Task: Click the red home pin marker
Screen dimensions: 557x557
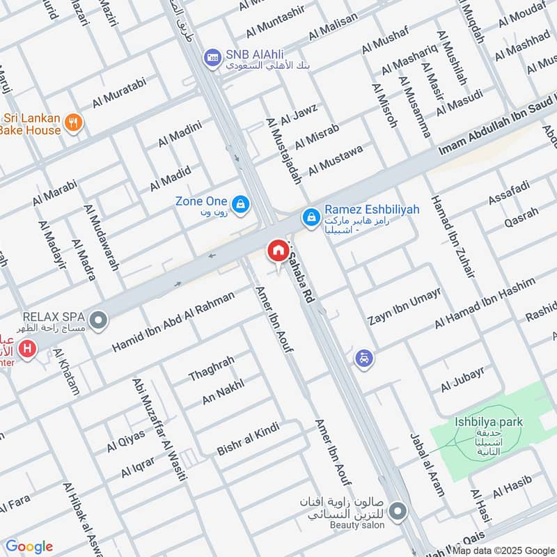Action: pyautogui.click(x=278, y=251)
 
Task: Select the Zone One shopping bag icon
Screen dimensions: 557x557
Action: pyautogui.click(x=240, y=203)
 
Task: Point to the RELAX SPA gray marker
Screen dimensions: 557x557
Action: pyautogui.click(x=99, y=321)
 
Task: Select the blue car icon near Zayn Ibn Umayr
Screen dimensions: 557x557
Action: pyautogui.click(x=363, y=359)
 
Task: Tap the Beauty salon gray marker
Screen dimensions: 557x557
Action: pyautogui.click(x=398, y=512)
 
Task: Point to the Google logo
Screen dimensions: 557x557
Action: pyautogui.click(x=29, y=547)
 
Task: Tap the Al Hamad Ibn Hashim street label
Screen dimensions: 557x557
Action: pyautogui.click(x=485, y=304)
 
